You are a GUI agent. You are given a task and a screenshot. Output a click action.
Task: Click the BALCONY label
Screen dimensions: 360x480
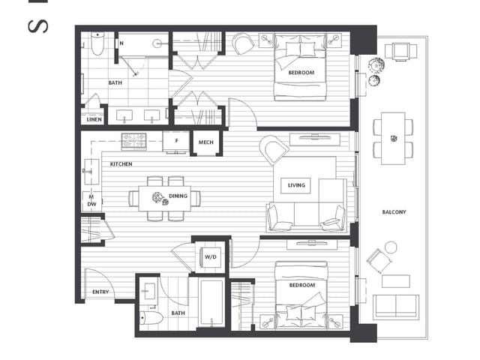(393, 212)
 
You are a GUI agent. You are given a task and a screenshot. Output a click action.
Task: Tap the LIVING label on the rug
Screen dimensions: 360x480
(296, 185)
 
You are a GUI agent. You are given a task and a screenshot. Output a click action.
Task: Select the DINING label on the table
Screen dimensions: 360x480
(178, 196)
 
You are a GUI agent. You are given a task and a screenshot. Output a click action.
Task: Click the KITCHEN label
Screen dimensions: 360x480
(121, 163)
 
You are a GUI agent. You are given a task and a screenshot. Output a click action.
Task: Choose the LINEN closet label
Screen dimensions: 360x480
(94, 119)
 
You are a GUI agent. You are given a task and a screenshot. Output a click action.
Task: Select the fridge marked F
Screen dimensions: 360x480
(175, 141)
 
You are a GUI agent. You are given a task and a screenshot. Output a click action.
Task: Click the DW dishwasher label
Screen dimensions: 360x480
(91, 203)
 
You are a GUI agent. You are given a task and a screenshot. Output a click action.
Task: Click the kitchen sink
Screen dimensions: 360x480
(91, 171)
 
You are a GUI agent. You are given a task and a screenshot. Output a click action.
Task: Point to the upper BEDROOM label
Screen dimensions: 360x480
(301, 73)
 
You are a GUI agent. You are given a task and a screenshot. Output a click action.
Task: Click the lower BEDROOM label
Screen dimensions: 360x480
(301, 286)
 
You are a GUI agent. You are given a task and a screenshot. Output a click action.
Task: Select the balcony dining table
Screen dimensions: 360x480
(393, 138)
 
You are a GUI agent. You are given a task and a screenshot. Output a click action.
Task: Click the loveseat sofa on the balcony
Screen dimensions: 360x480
(396, 307)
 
